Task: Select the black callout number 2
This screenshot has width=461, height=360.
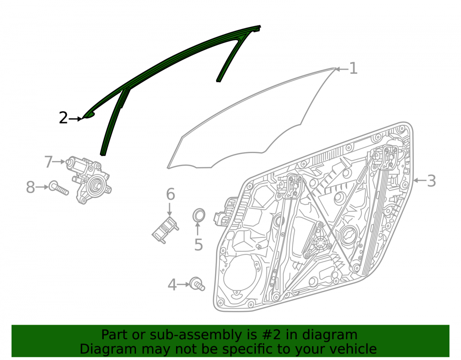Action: point(63,118)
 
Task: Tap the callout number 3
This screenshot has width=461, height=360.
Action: point(431,181)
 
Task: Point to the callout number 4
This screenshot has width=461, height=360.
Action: point(172,285)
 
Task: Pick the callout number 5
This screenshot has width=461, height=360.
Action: point(199,244)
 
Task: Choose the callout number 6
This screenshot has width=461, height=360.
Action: point(171,194)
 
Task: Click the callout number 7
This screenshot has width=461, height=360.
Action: point(48,162)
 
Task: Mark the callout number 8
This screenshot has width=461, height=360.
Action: point(30,187)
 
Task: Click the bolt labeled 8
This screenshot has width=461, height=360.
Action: point(59,188)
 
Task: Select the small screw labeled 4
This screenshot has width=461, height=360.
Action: point(197,284)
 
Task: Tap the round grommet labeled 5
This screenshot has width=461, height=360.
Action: point(199,215)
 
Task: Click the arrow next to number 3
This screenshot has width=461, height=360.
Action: point(420,180)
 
